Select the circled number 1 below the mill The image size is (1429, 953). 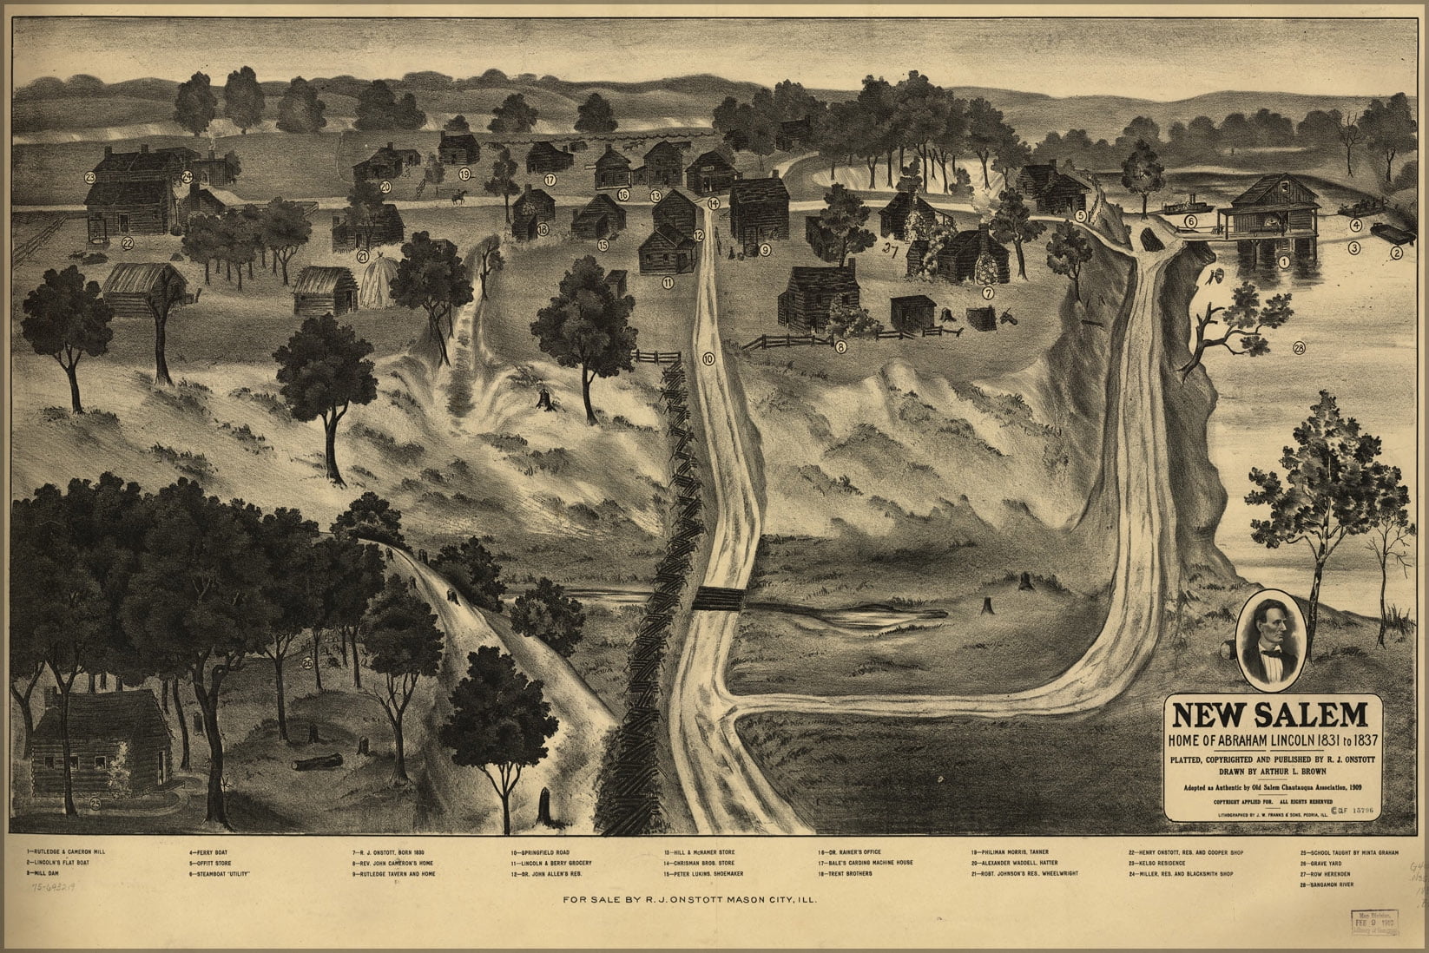1284,260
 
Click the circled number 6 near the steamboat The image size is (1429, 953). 1191,221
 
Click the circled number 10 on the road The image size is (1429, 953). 708,358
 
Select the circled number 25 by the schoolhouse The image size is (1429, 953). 95,804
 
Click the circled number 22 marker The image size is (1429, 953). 127,244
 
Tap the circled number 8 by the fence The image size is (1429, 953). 840,347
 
